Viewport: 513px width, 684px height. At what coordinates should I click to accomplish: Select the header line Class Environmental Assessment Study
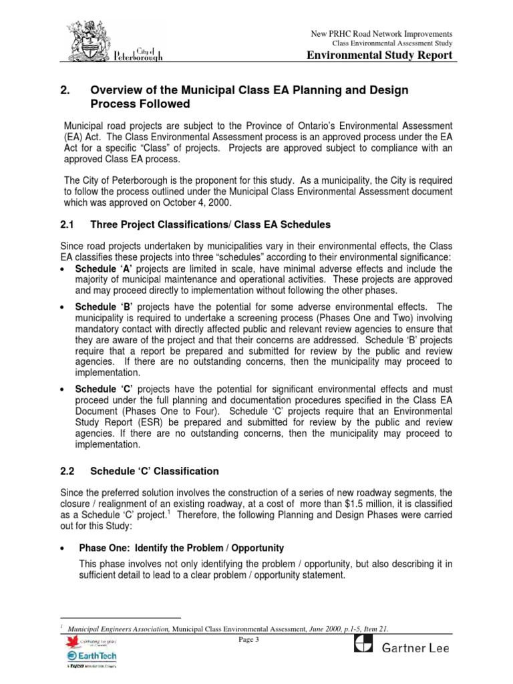[x=393, y=43]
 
